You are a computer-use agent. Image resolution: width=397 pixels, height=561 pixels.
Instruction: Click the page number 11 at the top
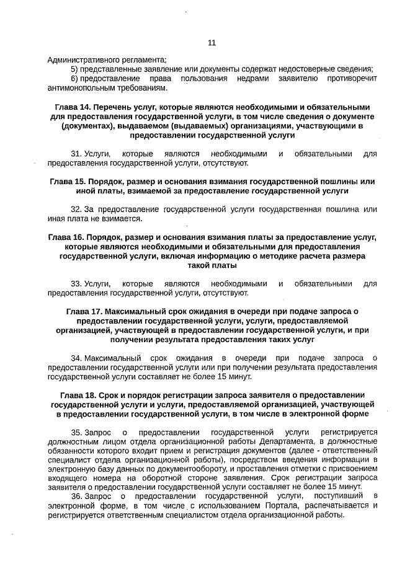(x=212, y=43)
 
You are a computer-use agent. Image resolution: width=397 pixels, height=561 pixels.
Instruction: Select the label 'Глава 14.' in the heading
(x=73, y=107)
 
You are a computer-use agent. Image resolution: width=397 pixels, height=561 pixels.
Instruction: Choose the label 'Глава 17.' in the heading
(x=84, y=311)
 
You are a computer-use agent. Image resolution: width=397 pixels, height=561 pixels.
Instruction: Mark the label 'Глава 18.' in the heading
(x=78, y=395)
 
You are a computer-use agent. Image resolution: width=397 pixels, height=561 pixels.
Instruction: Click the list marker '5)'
(x=74, y=69)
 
